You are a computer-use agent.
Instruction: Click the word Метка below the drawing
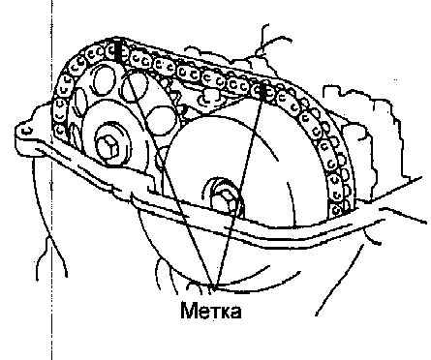point(210,311)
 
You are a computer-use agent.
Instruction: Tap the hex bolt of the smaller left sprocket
point(108,147)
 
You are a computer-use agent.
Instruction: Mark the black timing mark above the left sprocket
point(118,51)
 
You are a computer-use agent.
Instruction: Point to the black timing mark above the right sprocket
point(263,91)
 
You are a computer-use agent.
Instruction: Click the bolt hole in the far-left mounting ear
point(28,130)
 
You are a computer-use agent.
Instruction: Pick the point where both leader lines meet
point(213,286)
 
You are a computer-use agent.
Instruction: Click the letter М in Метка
point(189,311)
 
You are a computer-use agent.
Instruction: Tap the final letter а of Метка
point(235,313)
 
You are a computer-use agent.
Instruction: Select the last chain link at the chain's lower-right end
point(336,210)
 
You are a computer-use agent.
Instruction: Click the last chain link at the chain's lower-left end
point(60,131)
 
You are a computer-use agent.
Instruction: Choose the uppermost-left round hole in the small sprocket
point(104,79)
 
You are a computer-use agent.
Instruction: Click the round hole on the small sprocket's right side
point(163,120)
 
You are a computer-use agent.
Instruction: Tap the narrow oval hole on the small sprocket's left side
point(80,105)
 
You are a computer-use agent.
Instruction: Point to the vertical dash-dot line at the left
point(51,180)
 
